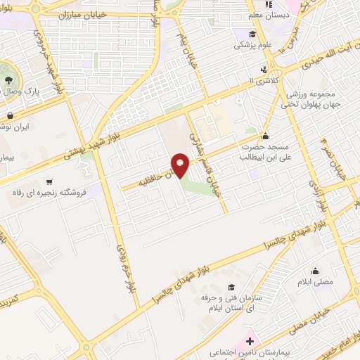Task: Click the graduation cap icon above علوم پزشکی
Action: click(252, 32)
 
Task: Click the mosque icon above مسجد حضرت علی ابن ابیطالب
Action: click(265, 136)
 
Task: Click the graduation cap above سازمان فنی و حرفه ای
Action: click(231, 287)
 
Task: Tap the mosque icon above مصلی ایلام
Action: click(314, 271)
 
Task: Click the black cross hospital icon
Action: click(250, 340)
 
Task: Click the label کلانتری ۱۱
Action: click(264, 82)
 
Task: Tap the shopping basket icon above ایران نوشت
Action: click(10, 116)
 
